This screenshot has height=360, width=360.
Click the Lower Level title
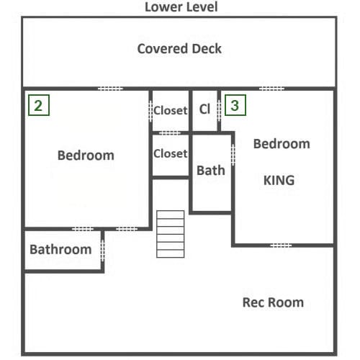tap(181, 6)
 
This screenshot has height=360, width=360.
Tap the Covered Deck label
tap(179, 49)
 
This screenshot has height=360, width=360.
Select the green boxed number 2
tap(39, 105)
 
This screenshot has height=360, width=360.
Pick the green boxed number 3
tap(235, 105)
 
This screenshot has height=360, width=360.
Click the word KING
tap(279, 180)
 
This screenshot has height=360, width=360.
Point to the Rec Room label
tap(273, 302)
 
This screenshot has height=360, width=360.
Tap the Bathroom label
tap(60, 249)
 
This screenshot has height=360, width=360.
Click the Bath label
tap(211, 171)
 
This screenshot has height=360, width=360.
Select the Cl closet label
tap(204, 109)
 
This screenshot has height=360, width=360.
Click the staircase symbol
tap(171, 234)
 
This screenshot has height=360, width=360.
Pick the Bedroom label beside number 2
tap(86, 156)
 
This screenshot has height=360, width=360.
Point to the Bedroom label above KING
tap(282, 144)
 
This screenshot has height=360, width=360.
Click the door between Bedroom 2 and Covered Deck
tap(110, 89)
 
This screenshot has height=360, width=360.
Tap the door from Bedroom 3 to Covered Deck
tap(271, 89)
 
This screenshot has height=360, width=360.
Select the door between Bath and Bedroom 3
tap(233, 154)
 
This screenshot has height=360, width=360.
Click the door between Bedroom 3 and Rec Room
tap(281, 246)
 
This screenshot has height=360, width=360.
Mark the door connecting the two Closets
tap(170, 132)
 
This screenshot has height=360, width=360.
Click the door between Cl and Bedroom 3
tap(219, 111)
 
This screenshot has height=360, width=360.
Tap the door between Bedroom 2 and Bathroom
tap(83, 229)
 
